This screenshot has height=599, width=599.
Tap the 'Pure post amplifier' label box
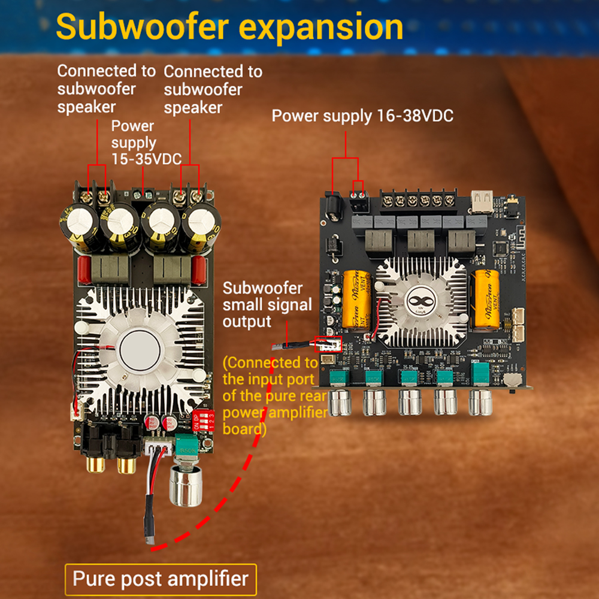161,579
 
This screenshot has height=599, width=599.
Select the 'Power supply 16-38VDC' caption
362,116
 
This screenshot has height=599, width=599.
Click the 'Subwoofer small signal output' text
267,305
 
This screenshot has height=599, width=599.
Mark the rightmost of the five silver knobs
480,403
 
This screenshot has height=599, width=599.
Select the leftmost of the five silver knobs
340,403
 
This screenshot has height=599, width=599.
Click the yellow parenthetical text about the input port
274,396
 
